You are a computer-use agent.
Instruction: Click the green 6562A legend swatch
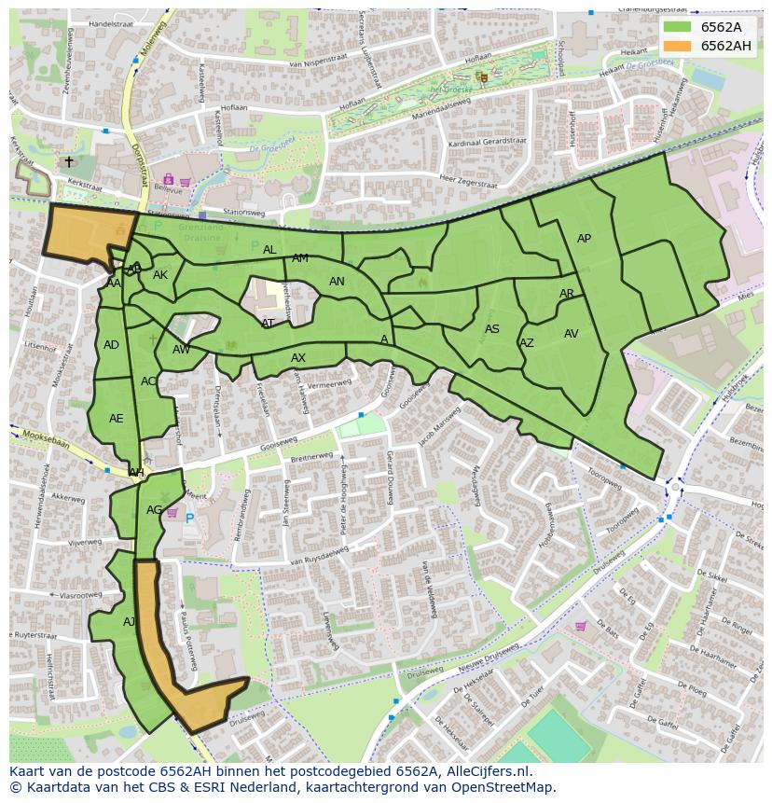pyautogui.click(x=677, y=28)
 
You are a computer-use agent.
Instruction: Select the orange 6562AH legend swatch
pyautogui.click(x=677, y=46)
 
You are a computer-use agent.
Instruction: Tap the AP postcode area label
pyautogui.click(x=584, y=239)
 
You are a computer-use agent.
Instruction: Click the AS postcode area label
pyautogui.click(x=492, y=329)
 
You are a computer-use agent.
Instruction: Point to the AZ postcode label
pyautogui.click(x=527, y=343)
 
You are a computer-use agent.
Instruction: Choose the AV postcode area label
pyautogui.click(x=571, y=334)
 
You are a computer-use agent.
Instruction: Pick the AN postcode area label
pyautogui.click(x=337, y=282)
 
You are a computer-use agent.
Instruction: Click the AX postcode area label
pyautogui.click(x=298, y=358)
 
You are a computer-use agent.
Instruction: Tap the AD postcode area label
pyautogui.click(x=111, y=345)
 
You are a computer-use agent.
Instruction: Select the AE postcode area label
pyautogui.click(x=116, y=419)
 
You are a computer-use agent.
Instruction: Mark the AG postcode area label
pyautogui.click(x=155, y=510)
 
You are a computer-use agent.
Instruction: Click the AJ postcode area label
pyautogui.click(x=130, y=622)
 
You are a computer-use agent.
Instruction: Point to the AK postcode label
pyautogui.click(x=160, y=275)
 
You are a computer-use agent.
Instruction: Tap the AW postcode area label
pyautogui.click(x=181, y=351)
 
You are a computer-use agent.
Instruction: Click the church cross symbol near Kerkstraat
pyautogui.click(x=68, y=161)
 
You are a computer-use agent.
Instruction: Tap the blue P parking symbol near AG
pyautogui.click(x=190, y=519)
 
